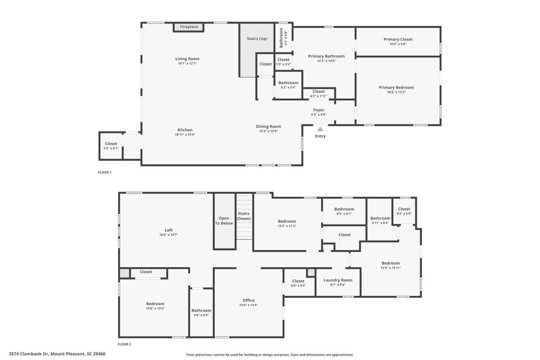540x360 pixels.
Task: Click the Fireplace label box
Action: click(x=189, y=27)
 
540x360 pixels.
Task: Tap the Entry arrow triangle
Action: click(x=320, y=129)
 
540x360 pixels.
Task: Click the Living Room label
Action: click(x=187, y=59)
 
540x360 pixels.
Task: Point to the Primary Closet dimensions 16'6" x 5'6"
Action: click(x=398, y=44)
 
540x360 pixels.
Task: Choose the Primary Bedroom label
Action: click(x=396, y=87)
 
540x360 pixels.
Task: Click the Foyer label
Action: click(x=319, y=110)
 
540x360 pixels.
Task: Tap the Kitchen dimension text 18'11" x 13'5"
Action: click(x=185, y=135)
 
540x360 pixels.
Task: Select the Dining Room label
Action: click(x=268, y=126)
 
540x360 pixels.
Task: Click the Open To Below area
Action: click(x=224, y=221)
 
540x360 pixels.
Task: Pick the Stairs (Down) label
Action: click(x=244, y=216)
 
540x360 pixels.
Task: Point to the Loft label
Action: click(x=168, y=230)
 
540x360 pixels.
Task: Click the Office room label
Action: click(x=248, y=300)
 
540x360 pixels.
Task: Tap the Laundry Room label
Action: click(x=337, y=280)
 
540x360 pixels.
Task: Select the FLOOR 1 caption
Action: click(x=105, y=172)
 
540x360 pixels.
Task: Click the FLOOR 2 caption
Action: click(x=124, y=344)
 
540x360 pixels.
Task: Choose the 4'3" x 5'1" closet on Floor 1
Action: click(x=111, y=146)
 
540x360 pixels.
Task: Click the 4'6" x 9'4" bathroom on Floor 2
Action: click(x=201, y=313)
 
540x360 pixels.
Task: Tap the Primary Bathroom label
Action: click(x=326, y=56)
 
